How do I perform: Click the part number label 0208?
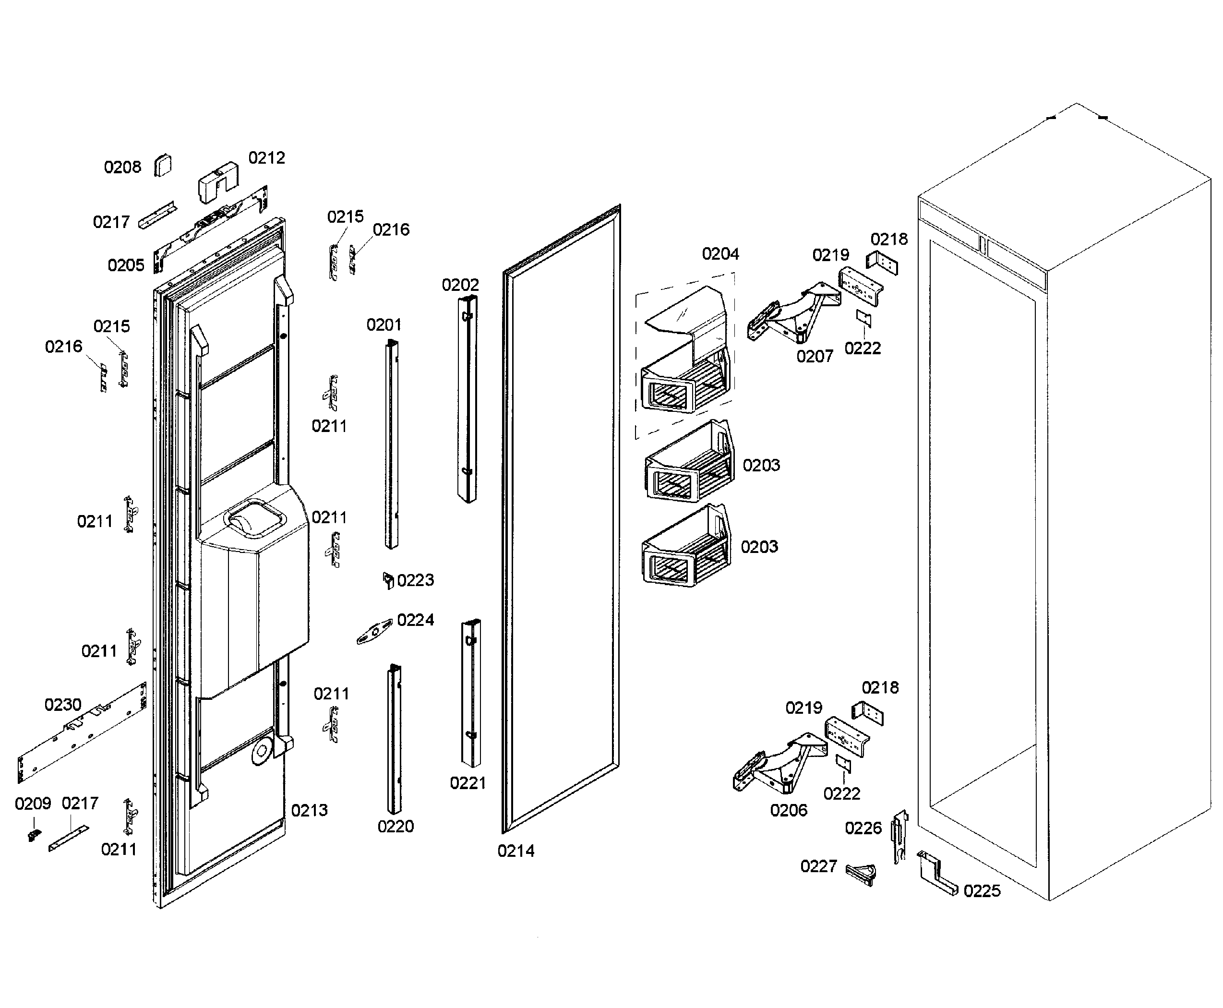pyautogui.click(x=122, y=167)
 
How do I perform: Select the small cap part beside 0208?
pyautogui.click(x=163, y=166)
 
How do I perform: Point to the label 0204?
pyautogui.click(x=720, y=254)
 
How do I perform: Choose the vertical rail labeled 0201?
pyautogui.click(x=391, y=444)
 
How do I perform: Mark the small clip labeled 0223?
pyautogui.click(x=388, y=579)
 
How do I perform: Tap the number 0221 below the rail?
pyautogui.click(x=468, y=783)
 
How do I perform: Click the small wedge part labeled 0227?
pyautogui.click(x=861, y=872)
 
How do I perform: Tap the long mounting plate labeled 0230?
pyautogui.click(x=81, y=733)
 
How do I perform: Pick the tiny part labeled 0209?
pyautogui.click(x=34, y=834)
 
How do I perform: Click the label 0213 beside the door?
pyautogui.click(x=309, y=810)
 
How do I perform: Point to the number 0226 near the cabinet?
pyautogui.click(x=863, y=828)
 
